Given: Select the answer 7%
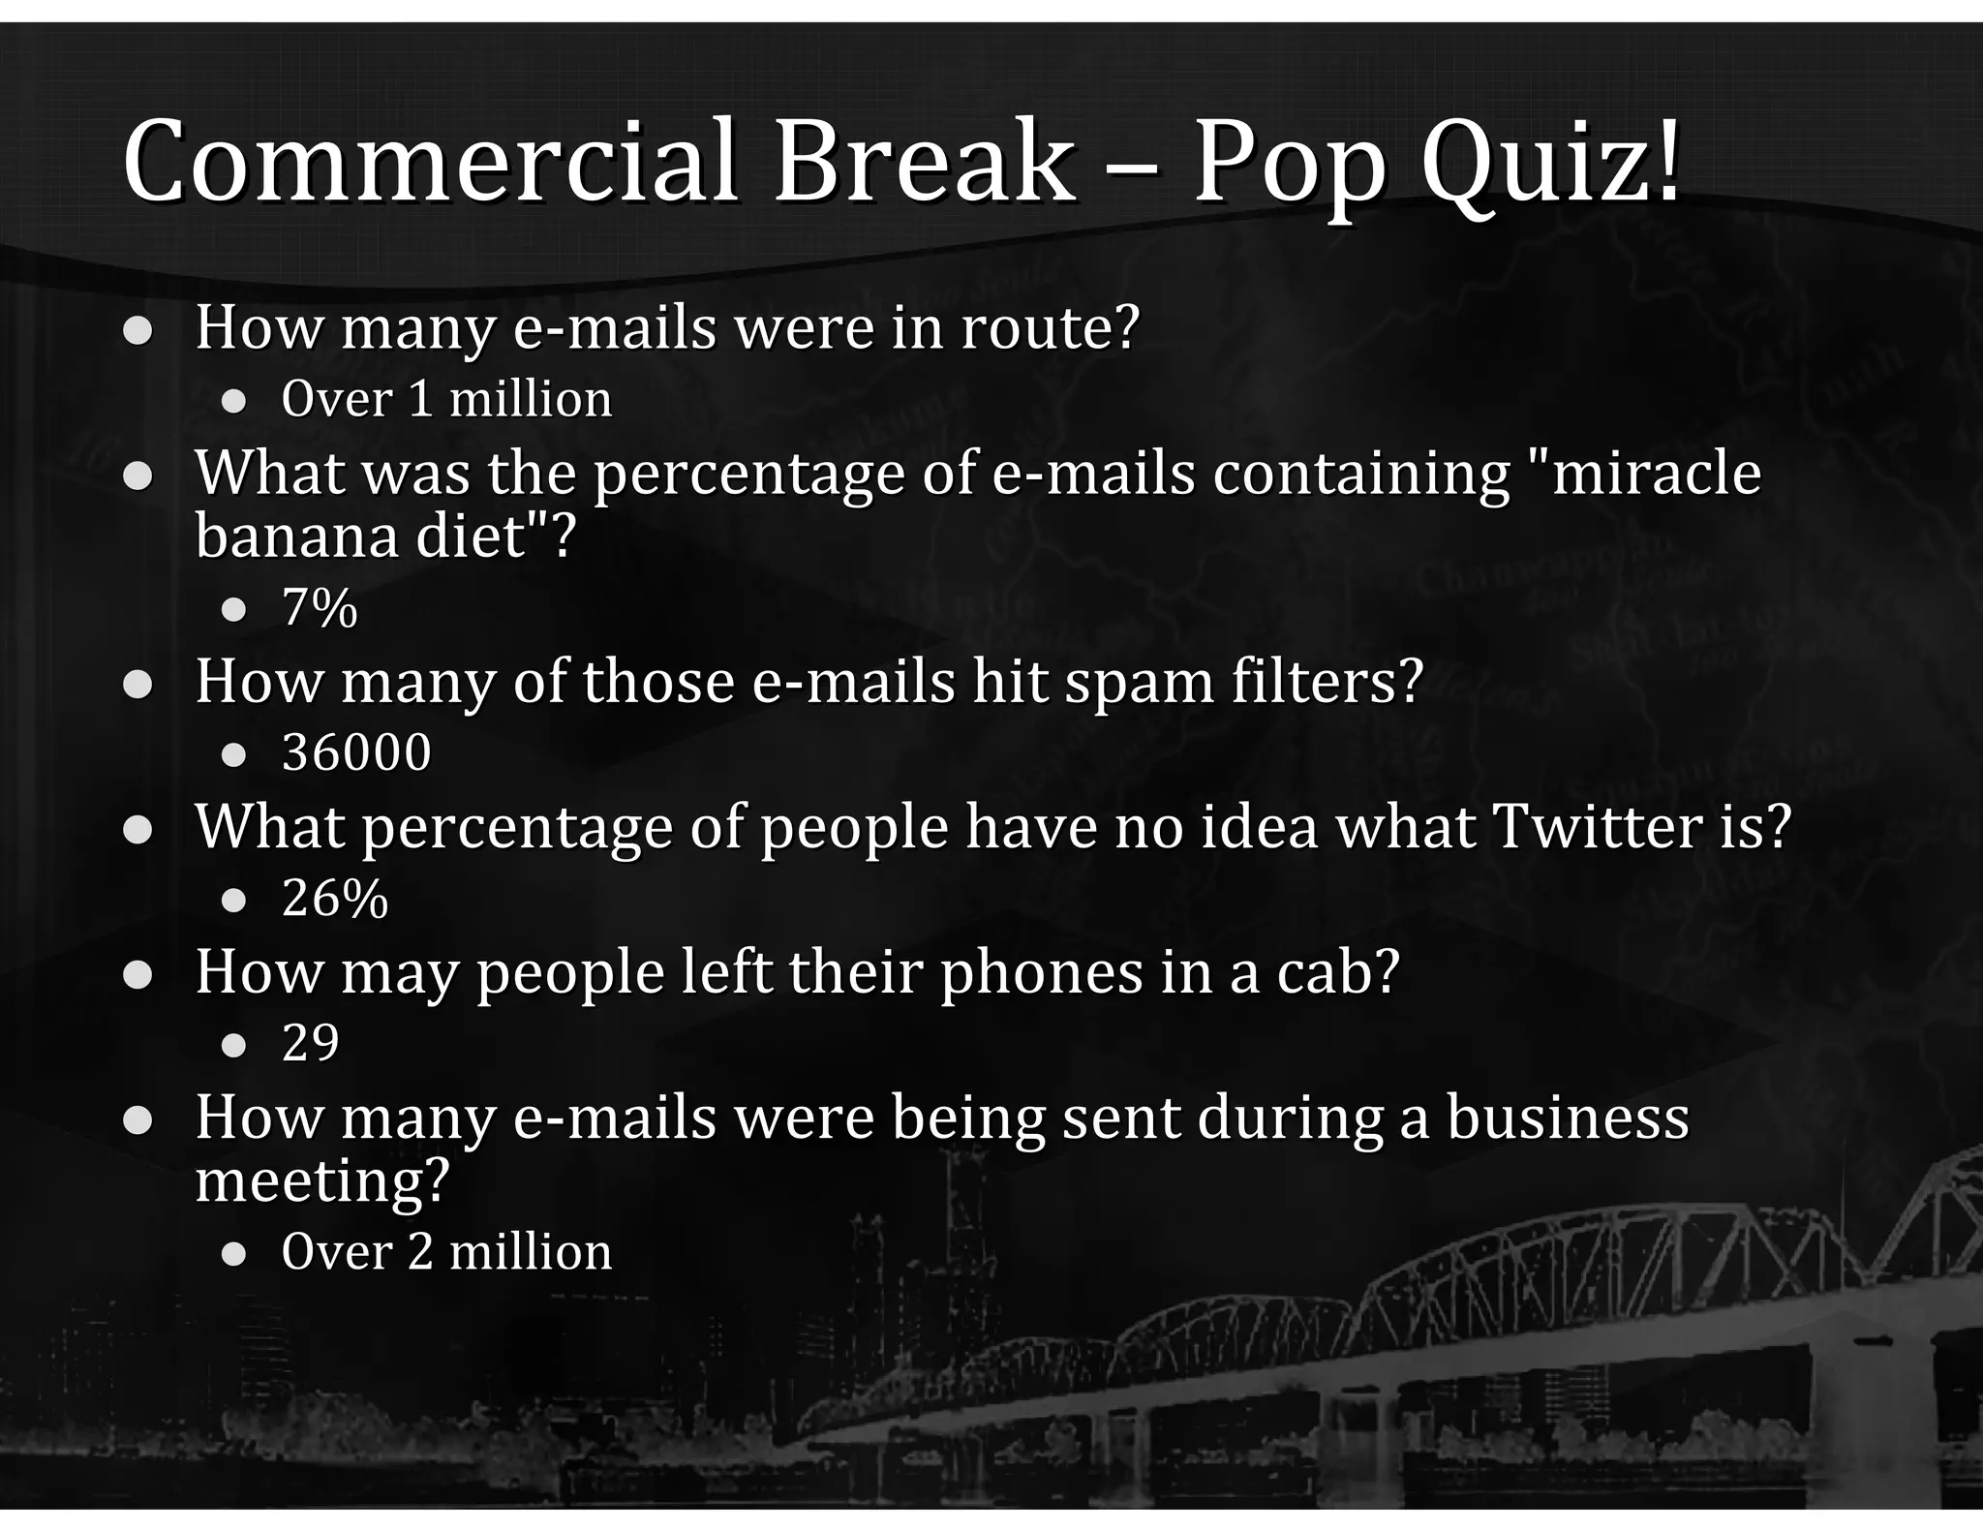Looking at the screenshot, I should click(x=320, y=608).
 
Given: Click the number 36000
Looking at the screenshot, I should click(x=356, y=752).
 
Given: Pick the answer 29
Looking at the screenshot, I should click(x=311, y=1043).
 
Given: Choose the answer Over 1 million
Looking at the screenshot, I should click(x=446, y=399).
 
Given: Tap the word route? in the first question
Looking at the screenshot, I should click(x=1050, y=327).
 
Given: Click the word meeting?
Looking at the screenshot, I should click(x=322, y=1180).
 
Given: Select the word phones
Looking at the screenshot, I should click(x=1042, y=971).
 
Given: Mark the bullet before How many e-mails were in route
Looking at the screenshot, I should click(x=137, y=331).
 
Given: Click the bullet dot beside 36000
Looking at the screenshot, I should click(x=233, y=754).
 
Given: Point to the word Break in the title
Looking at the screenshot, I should click(x=924, y=162).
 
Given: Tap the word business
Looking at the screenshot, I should click(x=1568, y=1117).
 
